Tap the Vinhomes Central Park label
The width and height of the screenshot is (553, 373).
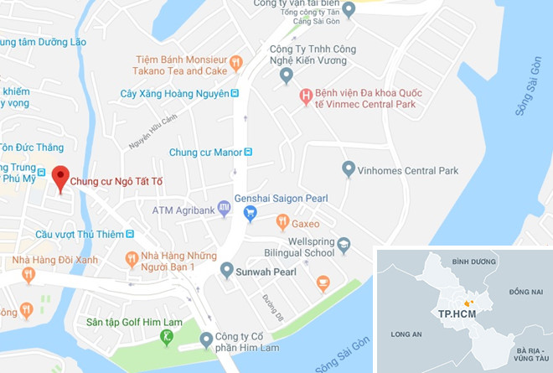408,170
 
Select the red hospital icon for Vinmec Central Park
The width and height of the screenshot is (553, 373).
306,98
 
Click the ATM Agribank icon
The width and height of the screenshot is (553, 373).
224,207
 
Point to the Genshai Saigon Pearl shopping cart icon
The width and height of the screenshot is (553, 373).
249,213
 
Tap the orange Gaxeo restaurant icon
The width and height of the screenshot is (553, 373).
282,224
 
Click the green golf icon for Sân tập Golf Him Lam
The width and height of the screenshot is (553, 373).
167,337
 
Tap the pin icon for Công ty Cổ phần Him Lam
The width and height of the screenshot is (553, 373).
206,339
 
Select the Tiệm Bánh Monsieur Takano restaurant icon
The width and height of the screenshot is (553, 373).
236,61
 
